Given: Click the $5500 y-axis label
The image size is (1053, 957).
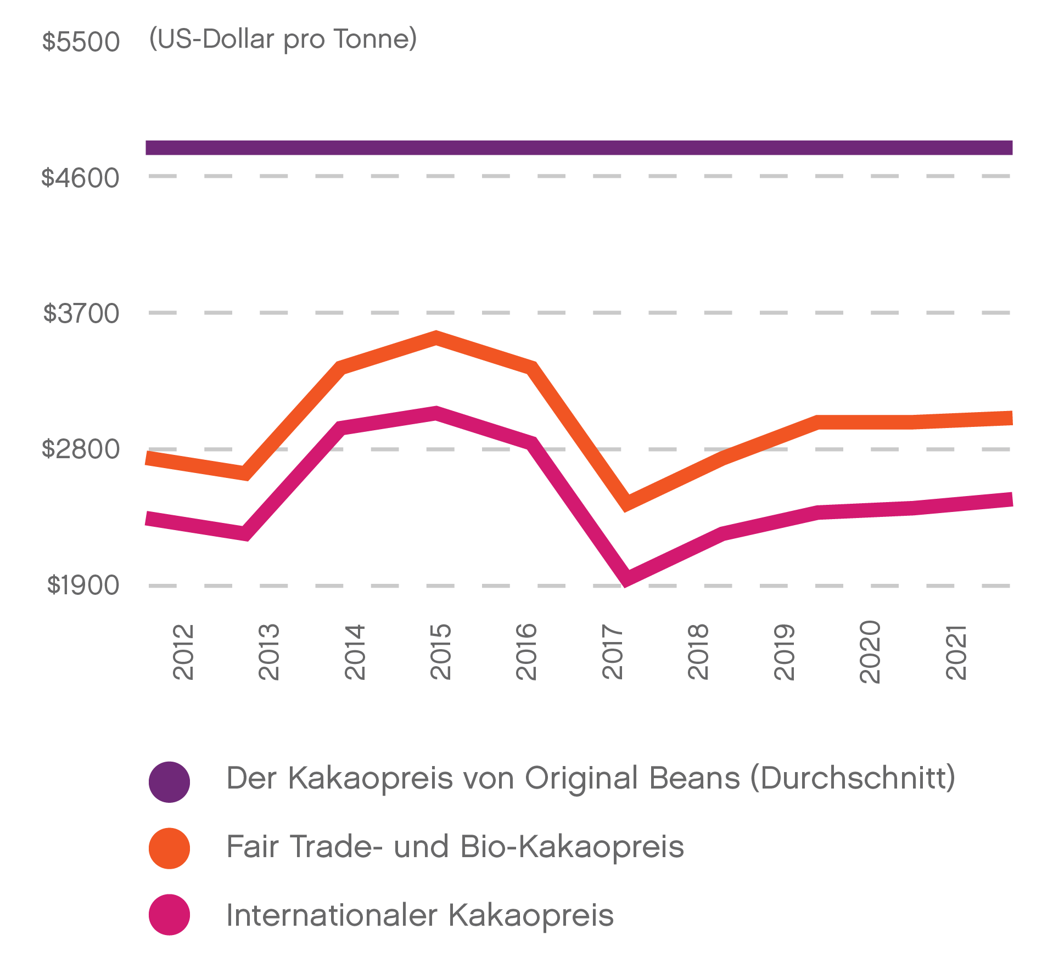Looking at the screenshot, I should tap(81, 42).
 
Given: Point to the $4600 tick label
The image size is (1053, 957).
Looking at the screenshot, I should tap(80, 178).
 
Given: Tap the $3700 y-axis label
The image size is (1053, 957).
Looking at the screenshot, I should tap(81, 313).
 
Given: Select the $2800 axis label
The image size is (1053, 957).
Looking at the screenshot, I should tap(81, 449).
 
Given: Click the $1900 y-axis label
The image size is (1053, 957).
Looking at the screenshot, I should tap(83, 585).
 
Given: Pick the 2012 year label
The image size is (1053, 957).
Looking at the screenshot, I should tap(183, 652).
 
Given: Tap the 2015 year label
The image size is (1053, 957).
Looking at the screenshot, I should tap(440, 652).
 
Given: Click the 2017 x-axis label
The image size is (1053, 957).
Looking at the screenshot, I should tap(613, 652).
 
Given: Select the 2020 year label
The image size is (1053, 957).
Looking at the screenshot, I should tap(870, 652).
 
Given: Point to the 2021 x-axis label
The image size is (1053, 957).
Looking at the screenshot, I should tap(956, 652).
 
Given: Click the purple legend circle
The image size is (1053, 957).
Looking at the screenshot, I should tap(169, 782).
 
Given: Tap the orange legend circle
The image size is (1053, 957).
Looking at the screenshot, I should tap(169, 848).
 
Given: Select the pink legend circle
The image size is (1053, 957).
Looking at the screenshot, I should tap(169, 915).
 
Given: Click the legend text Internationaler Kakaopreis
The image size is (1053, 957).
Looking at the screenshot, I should tap(420, 915).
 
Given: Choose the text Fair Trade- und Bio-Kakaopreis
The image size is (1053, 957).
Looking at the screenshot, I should tap(455, 847).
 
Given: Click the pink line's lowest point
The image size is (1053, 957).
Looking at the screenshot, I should tap(626, 579).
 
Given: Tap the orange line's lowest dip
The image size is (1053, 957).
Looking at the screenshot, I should tap(626, 503).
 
